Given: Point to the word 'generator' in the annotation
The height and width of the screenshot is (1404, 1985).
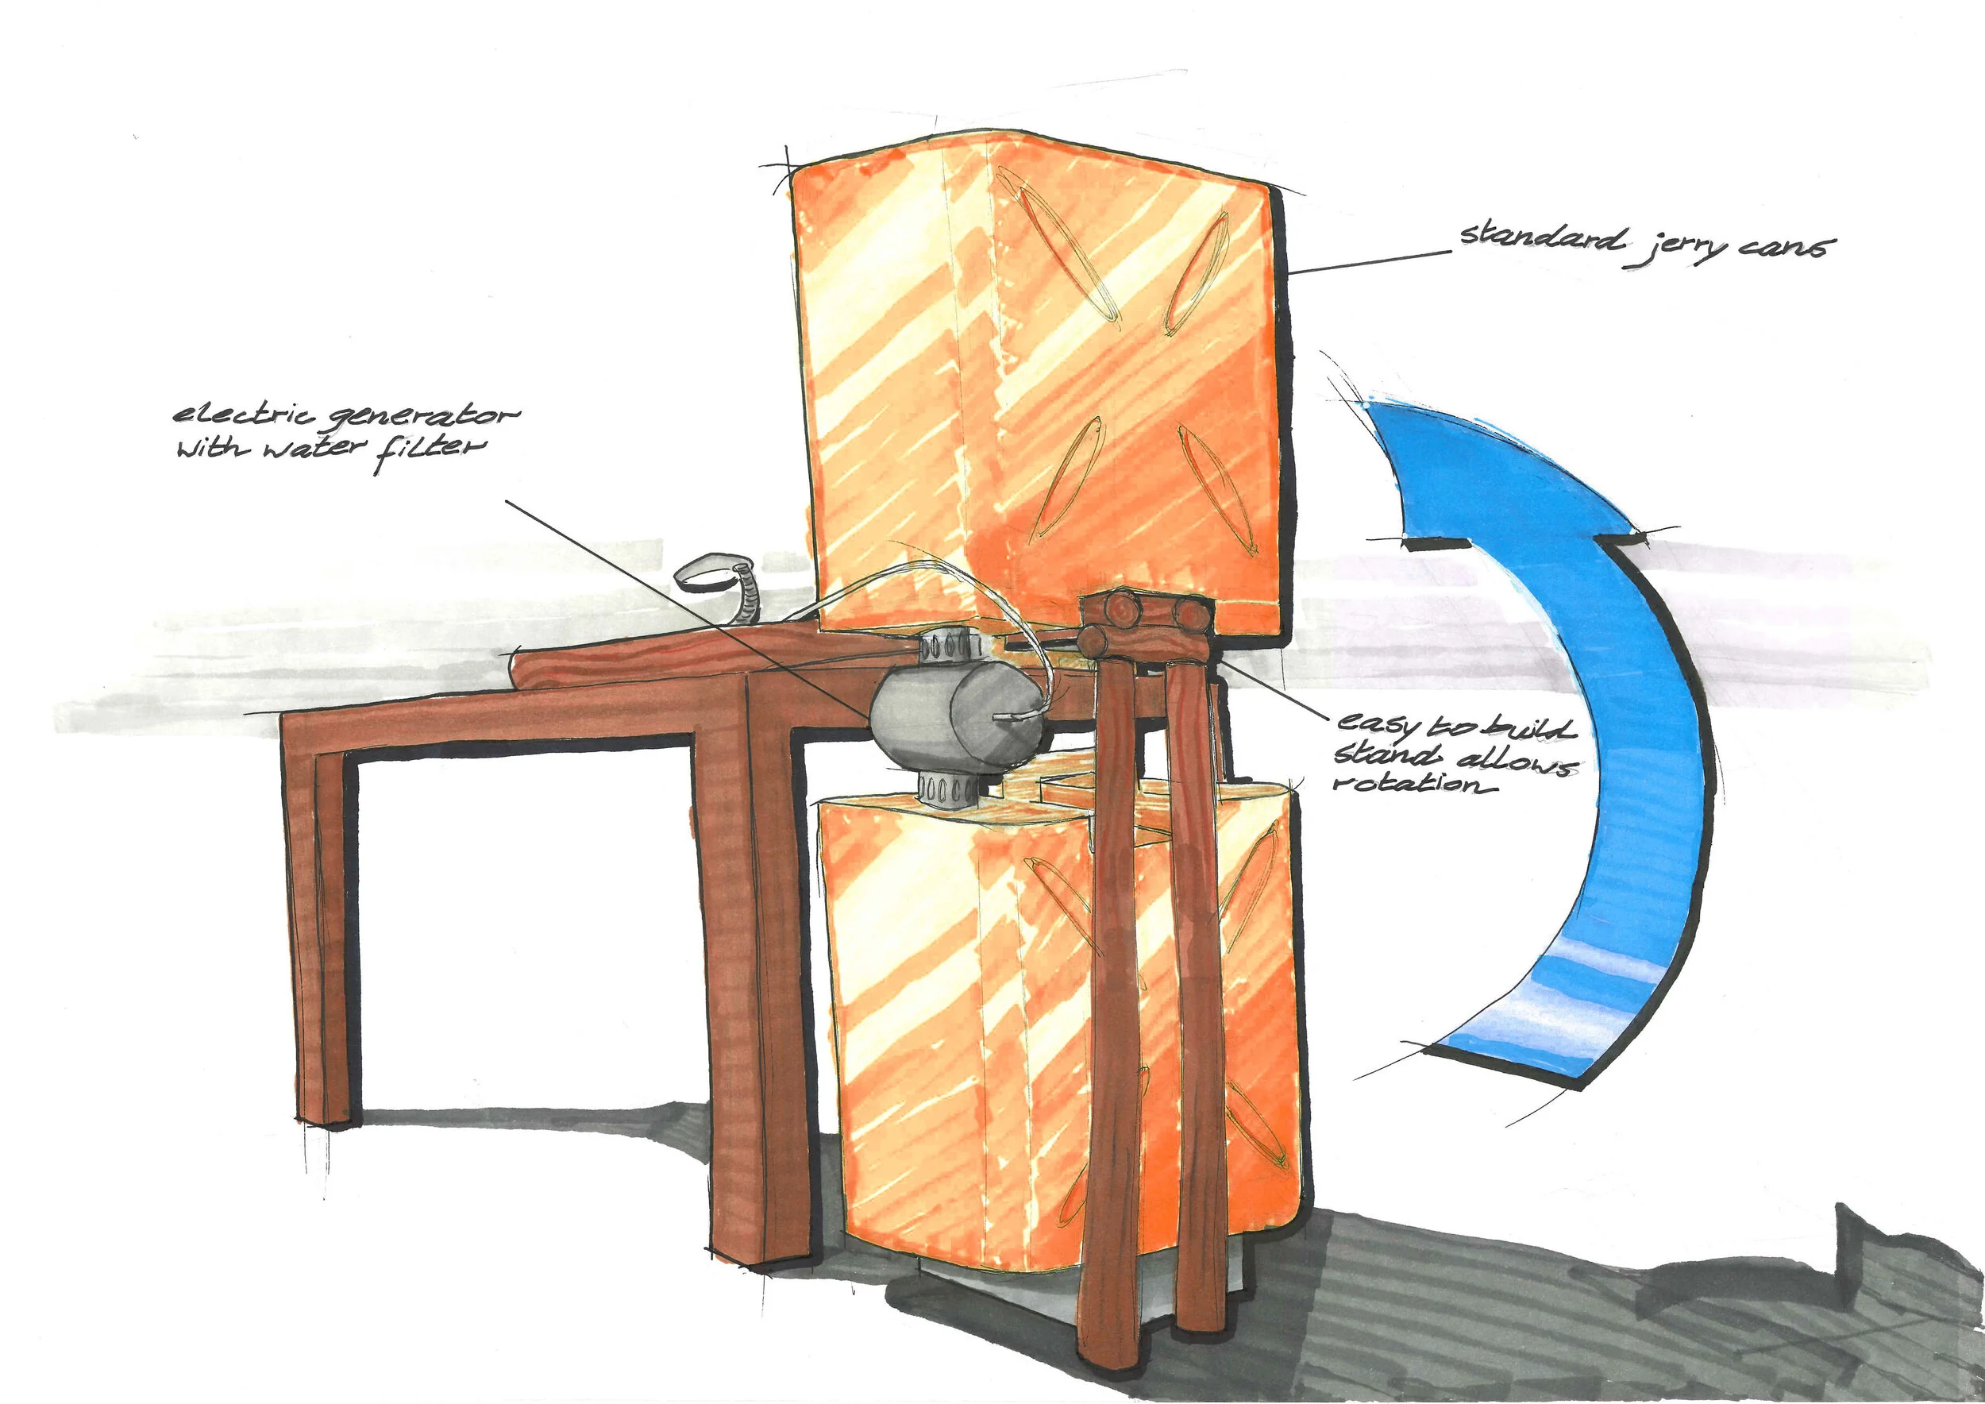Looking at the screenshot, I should (424, 418).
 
